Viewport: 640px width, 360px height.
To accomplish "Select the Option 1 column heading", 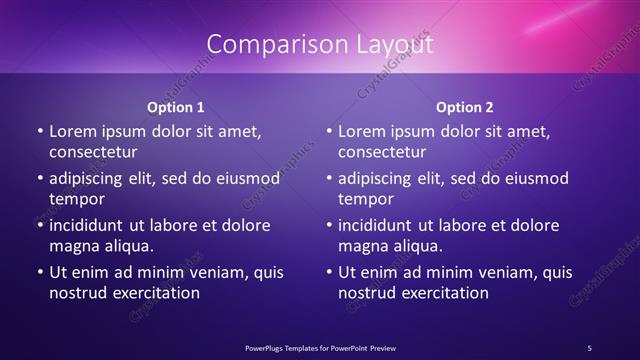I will point(176,106).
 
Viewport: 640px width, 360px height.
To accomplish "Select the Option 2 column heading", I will point(465,106).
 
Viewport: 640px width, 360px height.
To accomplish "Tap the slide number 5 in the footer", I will point(590,347).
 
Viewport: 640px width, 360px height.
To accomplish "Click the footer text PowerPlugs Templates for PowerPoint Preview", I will point(319,347).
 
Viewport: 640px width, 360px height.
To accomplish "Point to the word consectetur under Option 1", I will point(93,152).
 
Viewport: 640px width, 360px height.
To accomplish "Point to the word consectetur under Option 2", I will point(382,152).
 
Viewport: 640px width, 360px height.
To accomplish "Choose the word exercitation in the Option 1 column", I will point(155,293).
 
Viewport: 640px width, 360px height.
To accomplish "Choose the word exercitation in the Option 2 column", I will point(444,293).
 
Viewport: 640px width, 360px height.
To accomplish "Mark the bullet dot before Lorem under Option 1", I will point(39,132).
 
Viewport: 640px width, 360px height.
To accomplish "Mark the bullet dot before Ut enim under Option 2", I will point(328,272).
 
